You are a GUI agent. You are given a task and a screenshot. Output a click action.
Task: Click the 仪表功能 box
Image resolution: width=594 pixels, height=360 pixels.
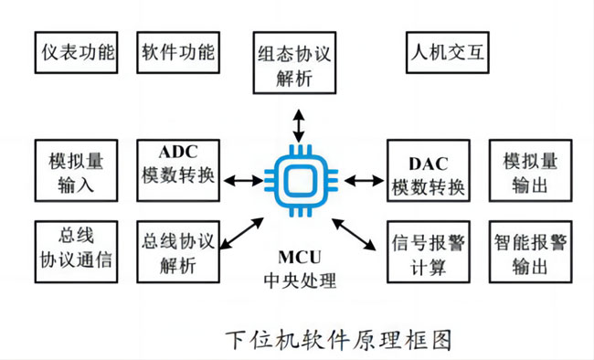point(77,54)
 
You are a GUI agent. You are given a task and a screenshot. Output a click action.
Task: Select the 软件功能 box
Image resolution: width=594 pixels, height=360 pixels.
point(177,54)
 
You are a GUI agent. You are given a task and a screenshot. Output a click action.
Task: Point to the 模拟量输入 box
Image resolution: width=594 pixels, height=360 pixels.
point(77,173)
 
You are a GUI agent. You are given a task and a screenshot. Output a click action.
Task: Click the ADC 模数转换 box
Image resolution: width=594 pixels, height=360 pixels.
point(177,171)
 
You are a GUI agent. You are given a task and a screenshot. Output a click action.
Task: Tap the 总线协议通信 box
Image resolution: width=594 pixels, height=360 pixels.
point(77,249)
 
